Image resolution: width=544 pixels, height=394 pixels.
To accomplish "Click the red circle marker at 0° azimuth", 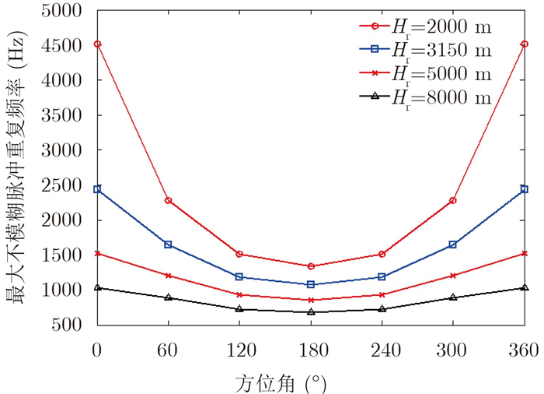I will pyautogui.click(x=97, y=44).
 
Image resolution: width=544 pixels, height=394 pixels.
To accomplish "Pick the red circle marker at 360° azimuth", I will pyautogui.click(x=525, y=44).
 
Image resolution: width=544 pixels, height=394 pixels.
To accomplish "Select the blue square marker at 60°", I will pyautogui.click(x=169, y=244).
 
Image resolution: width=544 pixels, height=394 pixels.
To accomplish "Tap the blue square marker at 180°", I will pyautogui.click(x=311, y=284).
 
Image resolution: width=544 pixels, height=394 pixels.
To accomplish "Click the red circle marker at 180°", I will pyautogui.click(x=311, y=266).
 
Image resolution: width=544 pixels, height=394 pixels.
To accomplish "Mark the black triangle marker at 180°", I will pyautogui.click(x=311, y=311).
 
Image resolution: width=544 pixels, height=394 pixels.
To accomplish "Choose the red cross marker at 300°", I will pyautogui.click(x=453, y=275).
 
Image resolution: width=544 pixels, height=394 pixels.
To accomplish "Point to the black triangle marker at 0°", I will pyautogui.click(x=97, y=287).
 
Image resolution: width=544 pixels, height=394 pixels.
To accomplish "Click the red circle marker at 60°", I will pyautogui.click(x=169, y=201).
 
